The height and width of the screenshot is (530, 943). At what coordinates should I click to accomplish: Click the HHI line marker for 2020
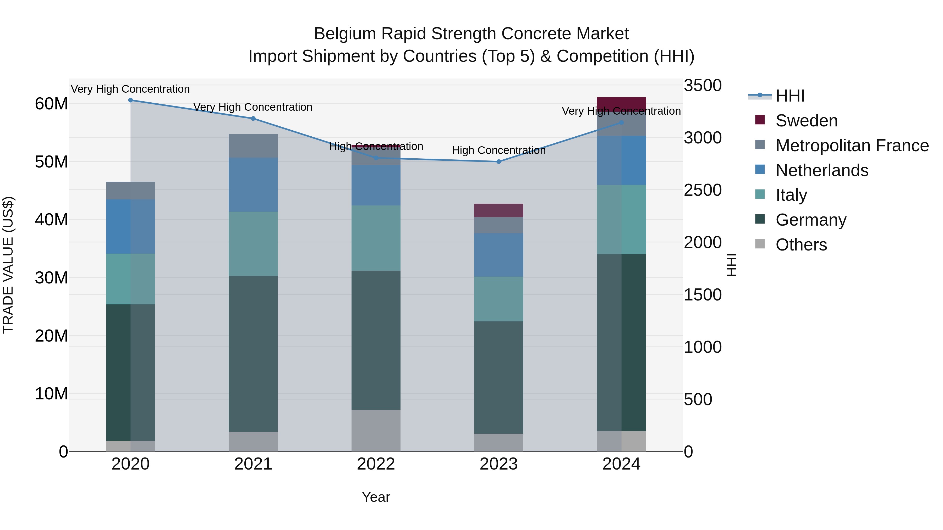click(x=130, y=100)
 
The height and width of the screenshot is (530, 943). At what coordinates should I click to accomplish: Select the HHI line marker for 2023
click(x=498, y=162)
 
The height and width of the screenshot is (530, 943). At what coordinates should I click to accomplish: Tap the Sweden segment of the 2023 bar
click(x=498, y=210)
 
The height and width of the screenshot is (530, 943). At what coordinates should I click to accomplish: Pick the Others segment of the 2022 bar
click(x=376, y=431)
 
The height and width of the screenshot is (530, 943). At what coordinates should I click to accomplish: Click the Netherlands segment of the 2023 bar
click(x=498, y=255)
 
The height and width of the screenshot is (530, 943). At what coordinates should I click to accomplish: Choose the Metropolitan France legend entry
click(x=852, y=146)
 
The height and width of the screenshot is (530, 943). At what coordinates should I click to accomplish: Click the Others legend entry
click(x=801, y=245)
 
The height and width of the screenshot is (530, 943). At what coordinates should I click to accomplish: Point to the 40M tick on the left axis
click(x=51, y=220)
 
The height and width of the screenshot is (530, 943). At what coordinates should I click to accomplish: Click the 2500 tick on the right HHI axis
click(x=703, y=190)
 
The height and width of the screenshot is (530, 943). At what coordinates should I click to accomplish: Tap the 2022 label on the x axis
click(x=376, y=464)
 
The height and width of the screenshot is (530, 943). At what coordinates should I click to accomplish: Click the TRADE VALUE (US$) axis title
click(x=8, y=265)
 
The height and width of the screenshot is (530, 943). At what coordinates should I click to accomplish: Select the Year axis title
click(x=376, y=497)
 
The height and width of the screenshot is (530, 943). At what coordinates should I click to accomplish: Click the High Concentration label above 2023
click(x=498, y=150)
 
